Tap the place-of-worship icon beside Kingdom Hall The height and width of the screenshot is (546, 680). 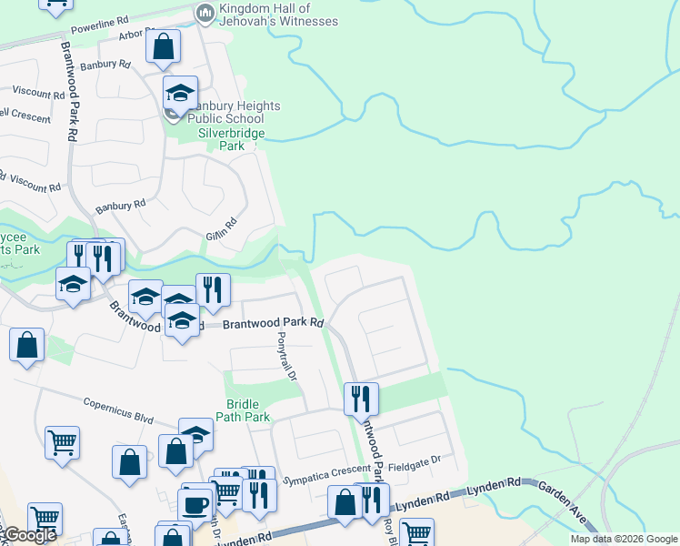(205, 13)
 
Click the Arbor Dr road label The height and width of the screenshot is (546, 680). (136, 35)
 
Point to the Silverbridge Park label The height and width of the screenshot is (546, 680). (232, 139)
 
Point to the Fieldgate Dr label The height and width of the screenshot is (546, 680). (415, 461)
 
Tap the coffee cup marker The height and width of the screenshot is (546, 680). (195, 504)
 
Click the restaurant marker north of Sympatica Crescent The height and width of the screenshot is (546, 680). (361, 398)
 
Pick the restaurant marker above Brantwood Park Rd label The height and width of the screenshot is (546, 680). (213, 289)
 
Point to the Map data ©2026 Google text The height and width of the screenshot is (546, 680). (624, 539)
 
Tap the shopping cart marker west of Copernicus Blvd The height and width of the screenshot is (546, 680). (63, 443)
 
